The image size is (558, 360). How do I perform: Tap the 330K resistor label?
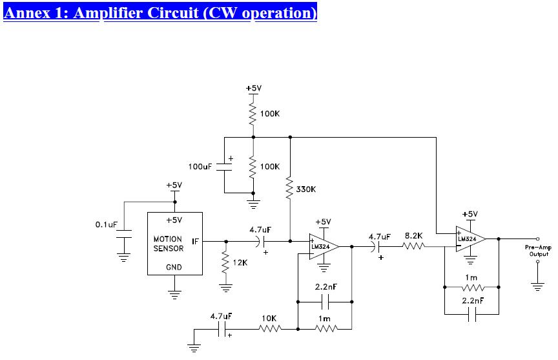305,189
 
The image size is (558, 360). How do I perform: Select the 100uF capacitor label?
200,167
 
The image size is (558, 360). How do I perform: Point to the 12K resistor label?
240,263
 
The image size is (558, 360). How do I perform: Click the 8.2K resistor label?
413,236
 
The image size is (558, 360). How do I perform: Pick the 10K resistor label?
269,319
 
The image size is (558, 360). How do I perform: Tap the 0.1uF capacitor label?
107,225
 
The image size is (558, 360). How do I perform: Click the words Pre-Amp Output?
539,251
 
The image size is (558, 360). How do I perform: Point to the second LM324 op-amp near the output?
470,239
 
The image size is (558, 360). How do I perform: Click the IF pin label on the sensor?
195,242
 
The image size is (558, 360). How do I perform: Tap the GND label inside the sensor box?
174,267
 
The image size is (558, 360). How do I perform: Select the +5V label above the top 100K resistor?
254,89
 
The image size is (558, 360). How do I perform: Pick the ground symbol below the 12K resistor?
225,288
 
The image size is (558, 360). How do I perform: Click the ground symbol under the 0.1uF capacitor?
123,257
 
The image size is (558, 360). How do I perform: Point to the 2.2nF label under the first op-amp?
326,287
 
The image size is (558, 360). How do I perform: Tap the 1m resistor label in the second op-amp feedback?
471,277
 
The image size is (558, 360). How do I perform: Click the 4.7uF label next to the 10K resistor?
222,316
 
